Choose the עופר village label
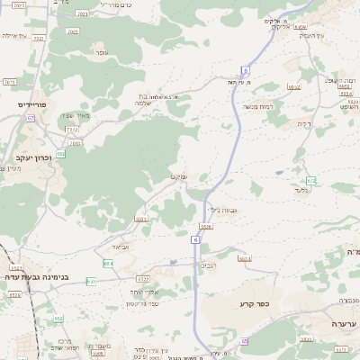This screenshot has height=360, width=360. tap(103, 53)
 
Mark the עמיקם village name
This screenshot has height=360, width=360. tap(178, 177)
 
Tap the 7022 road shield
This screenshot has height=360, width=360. tap(73, 31)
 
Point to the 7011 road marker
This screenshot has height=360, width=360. tap(9, 81)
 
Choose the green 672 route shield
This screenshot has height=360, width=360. tap(310, 181)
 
